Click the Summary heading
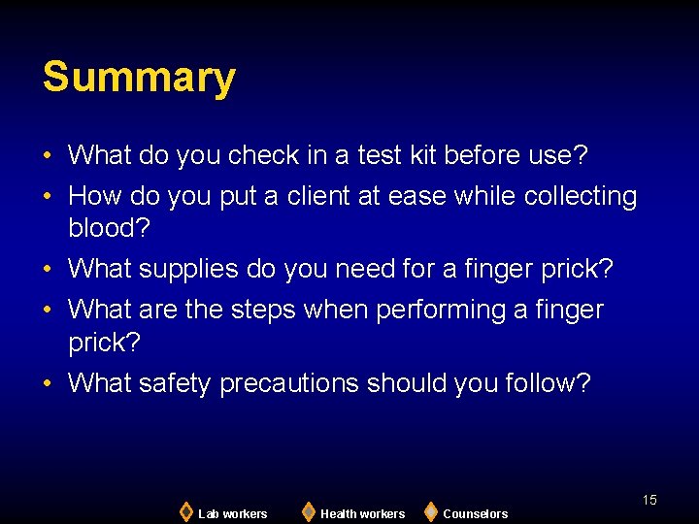click(x=139, y=78)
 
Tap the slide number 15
click(x=649, y=500)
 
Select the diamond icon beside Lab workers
click(x=185, y=511)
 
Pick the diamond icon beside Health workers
click(x=308, y=511)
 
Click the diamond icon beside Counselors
click(x=430, y=511)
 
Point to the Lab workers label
click(x=232, y=513)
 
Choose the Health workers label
click(x=362, y=513)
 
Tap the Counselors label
click(x=475, y=513)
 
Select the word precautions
click(x=290, y=383)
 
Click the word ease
click(x=416, y=196)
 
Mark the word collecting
click(x=581, y=196)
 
